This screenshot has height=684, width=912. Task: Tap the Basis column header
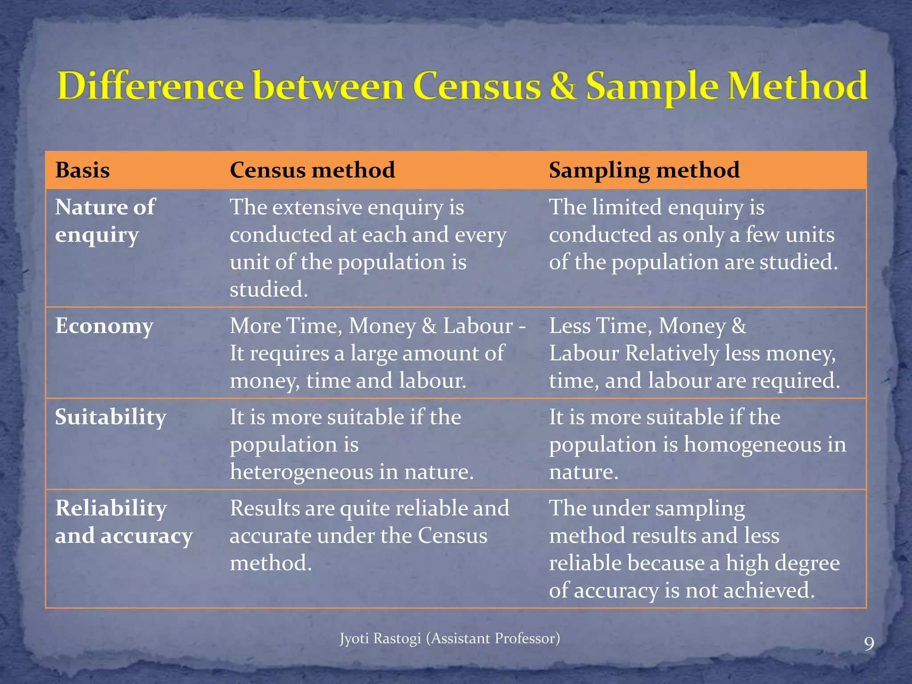point(82,170)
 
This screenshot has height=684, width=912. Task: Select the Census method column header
point(312,170)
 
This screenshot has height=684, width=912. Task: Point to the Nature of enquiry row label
point(105,221)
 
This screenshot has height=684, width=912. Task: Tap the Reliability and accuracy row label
point(124,522)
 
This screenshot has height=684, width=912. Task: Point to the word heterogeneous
point(301,472)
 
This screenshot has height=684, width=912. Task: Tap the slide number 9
point(869,644)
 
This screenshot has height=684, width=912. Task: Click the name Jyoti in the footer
point(354,639)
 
